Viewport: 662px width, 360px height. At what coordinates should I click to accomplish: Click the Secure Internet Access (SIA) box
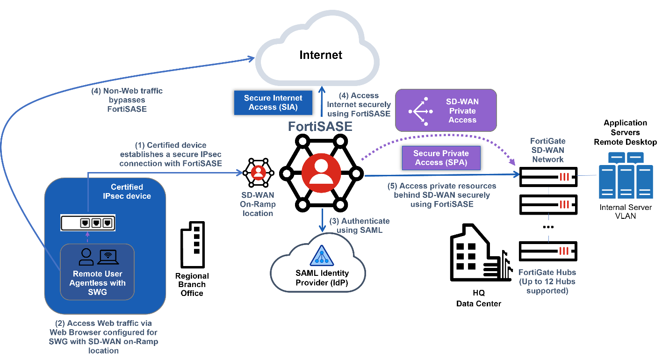pos(273,102)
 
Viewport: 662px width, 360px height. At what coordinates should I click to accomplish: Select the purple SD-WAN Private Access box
pos(446,111)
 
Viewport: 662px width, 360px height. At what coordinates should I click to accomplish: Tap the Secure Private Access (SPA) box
pos(441,158)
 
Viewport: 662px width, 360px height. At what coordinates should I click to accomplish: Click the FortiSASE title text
pos(320,127)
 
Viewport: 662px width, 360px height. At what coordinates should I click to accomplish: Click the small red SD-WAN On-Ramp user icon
pos(258,173)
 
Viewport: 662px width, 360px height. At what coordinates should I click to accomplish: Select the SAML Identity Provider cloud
pos(318,264)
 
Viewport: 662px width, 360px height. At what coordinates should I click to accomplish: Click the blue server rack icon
pos(626,175)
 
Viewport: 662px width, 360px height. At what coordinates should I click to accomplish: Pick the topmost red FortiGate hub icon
pos(564,177)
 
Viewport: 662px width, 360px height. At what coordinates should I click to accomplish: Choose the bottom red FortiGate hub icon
pos(564,251)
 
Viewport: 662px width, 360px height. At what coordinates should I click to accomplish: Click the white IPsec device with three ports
pos(88,223)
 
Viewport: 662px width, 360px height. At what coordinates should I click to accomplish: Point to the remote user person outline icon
pos(86,256)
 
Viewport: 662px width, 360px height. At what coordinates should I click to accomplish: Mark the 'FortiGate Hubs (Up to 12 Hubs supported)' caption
pos(547,281)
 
